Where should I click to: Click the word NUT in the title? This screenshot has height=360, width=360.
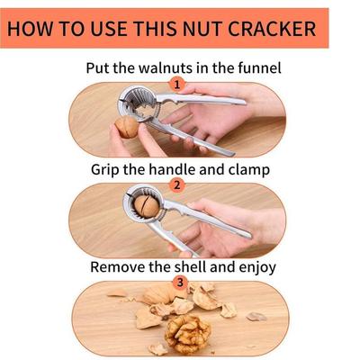tap(201, 28)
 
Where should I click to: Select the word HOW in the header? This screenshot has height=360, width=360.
tap(33, 28)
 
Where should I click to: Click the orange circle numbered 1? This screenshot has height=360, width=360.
tap(177, 85)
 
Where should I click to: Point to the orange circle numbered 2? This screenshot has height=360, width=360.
tap(177, 185)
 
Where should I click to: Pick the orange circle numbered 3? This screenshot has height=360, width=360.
tap(179, 283)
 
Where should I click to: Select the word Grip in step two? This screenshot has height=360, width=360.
tap(109, 168)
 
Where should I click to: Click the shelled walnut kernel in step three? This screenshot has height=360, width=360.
tap(187, 334)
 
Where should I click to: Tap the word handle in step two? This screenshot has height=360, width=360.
tap(186, 168)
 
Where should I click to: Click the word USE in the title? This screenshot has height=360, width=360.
tap(98, 28)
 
